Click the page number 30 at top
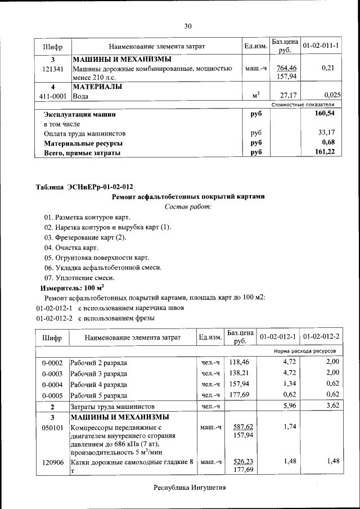point(188,25)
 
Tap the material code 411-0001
point(53,96)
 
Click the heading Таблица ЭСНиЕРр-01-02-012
point(84,187)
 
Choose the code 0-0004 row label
point(52,384)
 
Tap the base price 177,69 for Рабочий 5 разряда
point(239,394)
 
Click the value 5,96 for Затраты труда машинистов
point(287,406)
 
